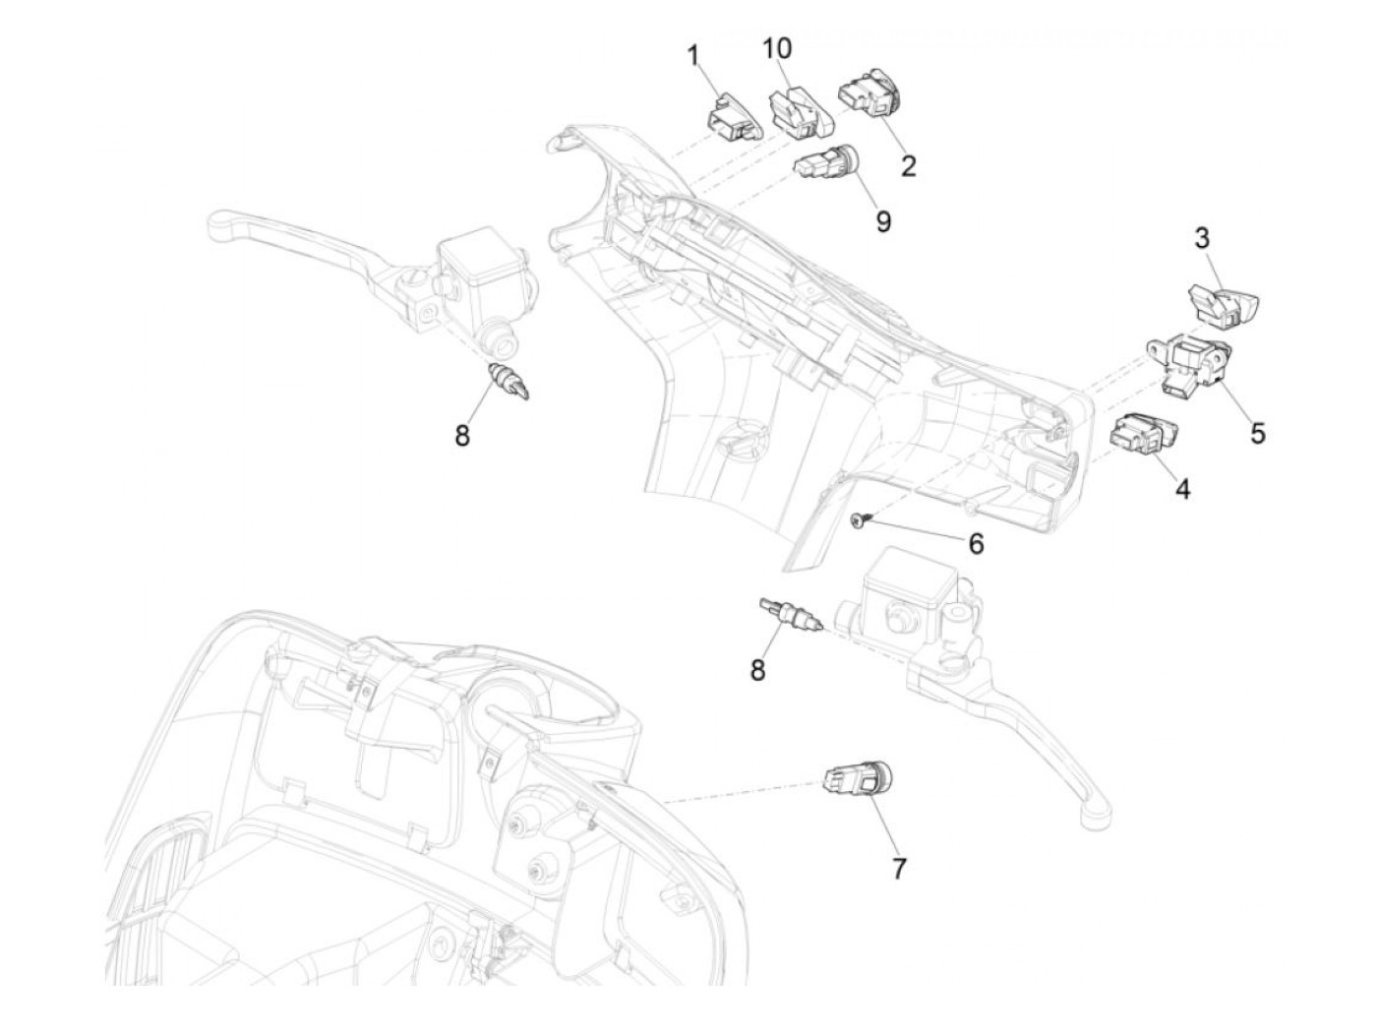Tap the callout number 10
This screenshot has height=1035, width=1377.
coord(776,47)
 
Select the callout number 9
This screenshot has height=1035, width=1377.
coord(883,221)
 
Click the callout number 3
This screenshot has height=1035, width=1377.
coord(1203,237)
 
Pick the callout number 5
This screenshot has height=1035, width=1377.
coord(1258,432)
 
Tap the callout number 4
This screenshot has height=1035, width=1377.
coord(1182,488)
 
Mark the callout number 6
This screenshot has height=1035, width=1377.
coord(976,543)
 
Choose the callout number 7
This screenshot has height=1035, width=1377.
coord(899,868)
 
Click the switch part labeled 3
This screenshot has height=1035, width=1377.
coord(1224,300)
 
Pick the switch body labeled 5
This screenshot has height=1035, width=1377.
coord(1192,367)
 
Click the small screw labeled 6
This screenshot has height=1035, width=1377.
coord(859,520)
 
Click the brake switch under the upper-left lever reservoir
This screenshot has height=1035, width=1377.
coord(510,381)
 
